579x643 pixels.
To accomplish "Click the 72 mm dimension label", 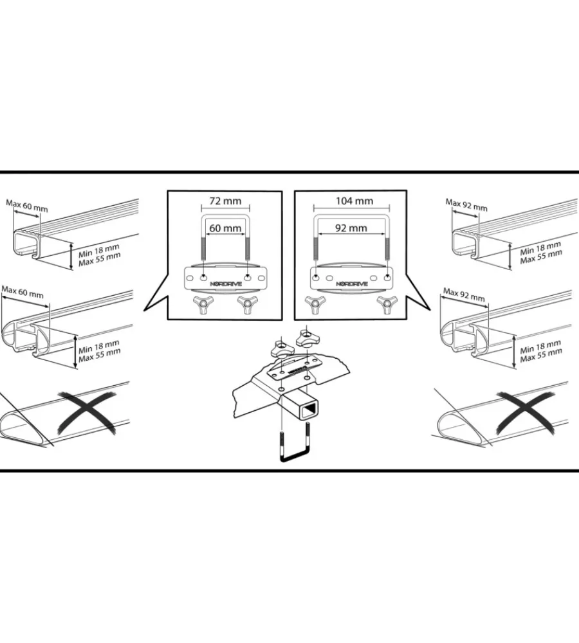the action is [225, 201].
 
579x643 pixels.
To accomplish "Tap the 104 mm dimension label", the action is [354, 201].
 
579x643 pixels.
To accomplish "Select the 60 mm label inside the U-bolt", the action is [225, 228].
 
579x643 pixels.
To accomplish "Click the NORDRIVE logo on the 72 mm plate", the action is [226, 284].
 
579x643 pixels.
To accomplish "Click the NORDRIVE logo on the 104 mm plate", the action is [352, 284].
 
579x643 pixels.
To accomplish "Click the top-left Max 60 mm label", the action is [27, 206].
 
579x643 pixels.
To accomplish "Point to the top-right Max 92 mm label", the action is [466, 204].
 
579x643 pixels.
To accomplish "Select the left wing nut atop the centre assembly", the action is [281, 349].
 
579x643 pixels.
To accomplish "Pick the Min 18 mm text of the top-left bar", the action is [99, 250].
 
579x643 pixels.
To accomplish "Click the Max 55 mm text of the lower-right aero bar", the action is [541, 355].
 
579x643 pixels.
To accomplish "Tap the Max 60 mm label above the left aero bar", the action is [22, 292].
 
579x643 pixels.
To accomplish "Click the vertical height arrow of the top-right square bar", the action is [510, 256].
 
